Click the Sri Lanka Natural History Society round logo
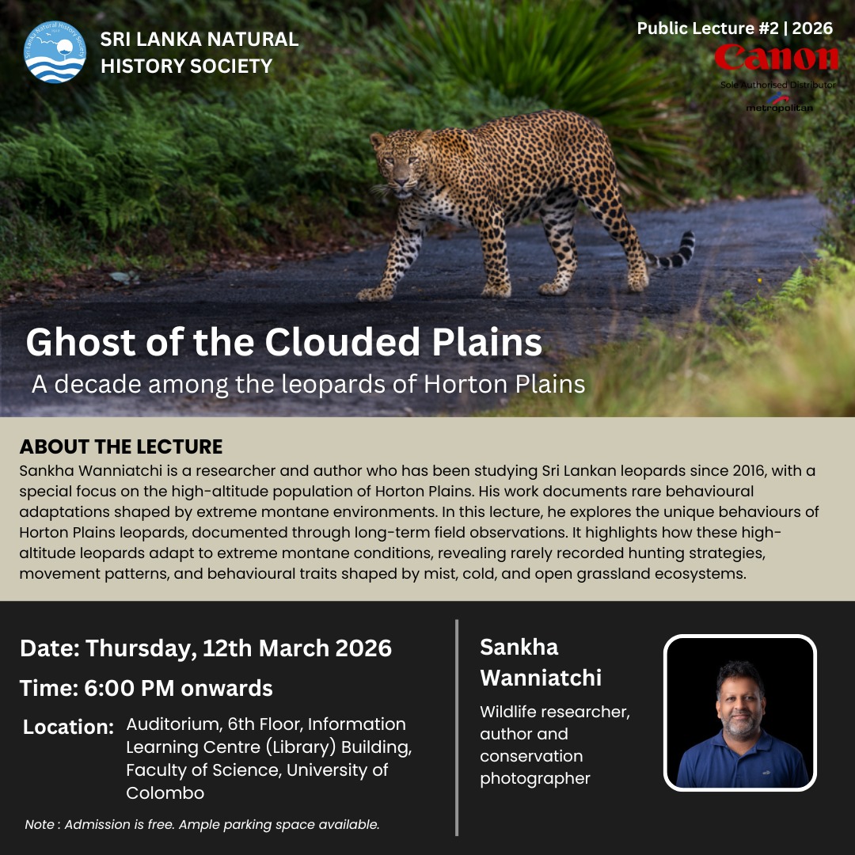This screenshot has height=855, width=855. tap(55, 51)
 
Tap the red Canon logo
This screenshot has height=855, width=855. tap(777, 57)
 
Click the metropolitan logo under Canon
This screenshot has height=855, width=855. tap(779, 102)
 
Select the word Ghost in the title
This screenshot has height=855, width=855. tap(81, 343)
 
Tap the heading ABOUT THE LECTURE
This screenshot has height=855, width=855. tap(121, 446)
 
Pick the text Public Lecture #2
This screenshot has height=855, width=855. tap(707, 28)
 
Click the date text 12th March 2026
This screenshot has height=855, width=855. tap(297, 648)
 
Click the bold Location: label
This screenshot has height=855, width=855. tap(68, 727)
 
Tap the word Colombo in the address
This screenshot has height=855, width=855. tap(165, 792)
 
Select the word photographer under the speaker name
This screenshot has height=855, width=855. tap(535, 779)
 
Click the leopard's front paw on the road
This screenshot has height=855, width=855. tap(375, 294)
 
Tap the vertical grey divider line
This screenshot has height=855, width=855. tap(457, 728)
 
